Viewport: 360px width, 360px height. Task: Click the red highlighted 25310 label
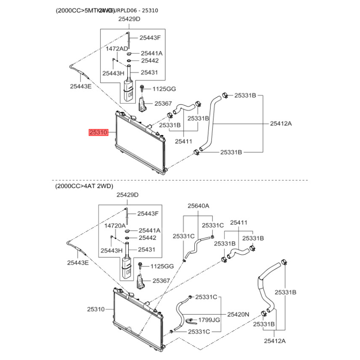tap(98, 133)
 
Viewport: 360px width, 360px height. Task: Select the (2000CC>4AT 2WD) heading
tap(84, 186)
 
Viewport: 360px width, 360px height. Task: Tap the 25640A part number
tap(198, 206)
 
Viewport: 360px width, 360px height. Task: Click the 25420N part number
tap(238, 315)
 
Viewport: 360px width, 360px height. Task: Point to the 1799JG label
tap(209, 320)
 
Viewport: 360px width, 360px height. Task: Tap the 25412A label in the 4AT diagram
tap(274, 341)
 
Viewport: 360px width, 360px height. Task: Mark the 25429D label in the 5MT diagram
tap(130, 19)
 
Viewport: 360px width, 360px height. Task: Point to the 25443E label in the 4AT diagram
tap(78, 262)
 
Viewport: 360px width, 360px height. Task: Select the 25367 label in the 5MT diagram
tap(163, 103)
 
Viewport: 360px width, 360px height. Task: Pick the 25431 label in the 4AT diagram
tap(147, 249)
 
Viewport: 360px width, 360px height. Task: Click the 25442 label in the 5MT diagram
tap(150, 60)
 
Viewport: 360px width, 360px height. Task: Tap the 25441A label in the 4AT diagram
tap(149, 230)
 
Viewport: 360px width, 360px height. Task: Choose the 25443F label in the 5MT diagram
tap(150, 38)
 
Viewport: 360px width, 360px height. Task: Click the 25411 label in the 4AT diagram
tap(239, 222)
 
